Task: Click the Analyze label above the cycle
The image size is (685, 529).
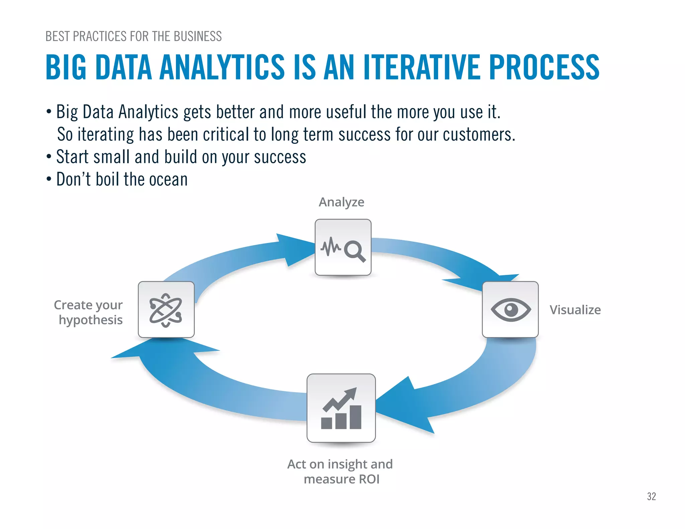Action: [x=341, y=202]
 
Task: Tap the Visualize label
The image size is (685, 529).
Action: [x=575, y=310]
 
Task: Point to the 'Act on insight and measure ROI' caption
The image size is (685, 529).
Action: [x=340, y=471]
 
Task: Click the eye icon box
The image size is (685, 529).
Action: [x=510, y=309]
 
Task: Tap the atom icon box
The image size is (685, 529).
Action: [x=166, y=309]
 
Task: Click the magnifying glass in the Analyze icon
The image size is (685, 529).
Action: [x=355, y=251]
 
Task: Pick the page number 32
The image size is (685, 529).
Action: [x=651, y=497]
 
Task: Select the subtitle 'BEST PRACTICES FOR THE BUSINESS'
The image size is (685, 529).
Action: [x=133, y=36]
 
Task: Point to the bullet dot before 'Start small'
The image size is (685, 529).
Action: [x=49, y=156]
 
